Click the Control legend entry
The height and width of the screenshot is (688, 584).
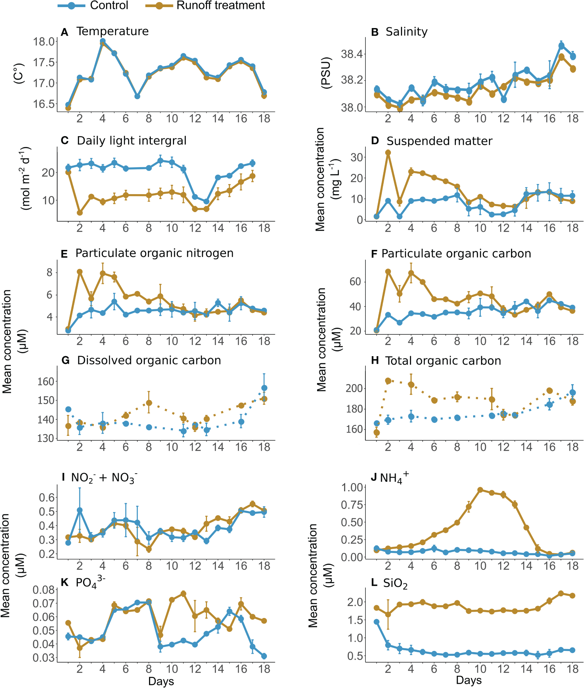click(94, 6)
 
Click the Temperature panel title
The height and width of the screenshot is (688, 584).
click(112, 31)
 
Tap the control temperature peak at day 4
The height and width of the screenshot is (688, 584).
click(103, 41)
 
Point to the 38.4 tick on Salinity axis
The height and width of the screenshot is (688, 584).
click(352, 54)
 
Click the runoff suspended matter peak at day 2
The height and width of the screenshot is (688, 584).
click(388, 153)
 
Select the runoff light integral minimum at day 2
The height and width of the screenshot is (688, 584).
click(79, 212)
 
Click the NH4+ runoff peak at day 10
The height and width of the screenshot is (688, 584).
click(480, 490)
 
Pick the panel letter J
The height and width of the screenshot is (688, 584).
click(373, 478)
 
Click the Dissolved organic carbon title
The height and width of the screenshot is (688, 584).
click(149, 360)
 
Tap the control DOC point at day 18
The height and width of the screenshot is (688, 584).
click(264, 388)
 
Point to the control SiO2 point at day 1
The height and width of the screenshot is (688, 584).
click(377, 622)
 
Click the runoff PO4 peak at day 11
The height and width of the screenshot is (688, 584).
click(183, 594)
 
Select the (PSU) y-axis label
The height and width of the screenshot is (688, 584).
click(326, 73)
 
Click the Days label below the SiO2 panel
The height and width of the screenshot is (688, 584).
click(469, 681)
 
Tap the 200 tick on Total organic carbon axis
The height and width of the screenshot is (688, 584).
click(354, 388)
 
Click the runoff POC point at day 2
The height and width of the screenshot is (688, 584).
click(388, 272)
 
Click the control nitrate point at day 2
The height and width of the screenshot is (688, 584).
click(79, 510)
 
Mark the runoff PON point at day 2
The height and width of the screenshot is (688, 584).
click(79, 272)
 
